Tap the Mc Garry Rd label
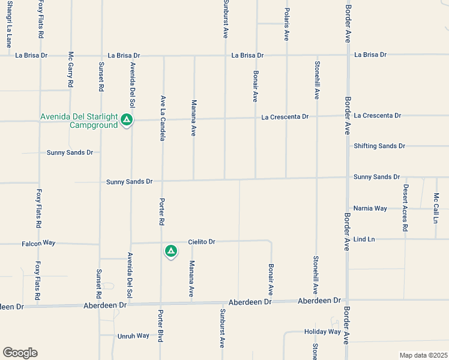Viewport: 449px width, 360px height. (x=70, y=70)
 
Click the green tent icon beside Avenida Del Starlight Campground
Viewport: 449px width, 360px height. (x=127, y=120)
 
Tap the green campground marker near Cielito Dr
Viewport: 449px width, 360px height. (x=171, y=251)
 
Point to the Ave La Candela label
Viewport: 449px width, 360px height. (x=162, y=118)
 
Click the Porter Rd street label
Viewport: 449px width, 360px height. (x=161, y=211)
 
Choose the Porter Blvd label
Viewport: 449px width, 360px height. (x=161, y=325)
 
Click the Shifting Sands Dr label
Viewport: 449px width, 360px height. (x=379, y=146)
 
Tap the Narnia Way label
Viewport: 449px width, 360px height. (x=370, y=208)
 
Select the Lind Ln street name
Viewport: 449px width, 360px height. (x=364, y=239)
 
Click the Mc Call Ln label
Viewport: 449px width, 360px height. (x=436, y=208)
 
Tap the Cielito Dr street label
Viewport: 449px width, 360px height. (x=201, y=242)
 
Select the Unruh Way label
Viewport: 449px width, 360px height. (x=133, y=336)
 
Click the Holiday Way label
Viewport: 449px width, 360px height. (x=322, y=332)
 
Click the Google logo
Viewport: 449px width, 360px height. (x=20, y=353)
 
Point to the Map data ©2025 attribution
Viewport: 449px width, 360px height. (x=423, y=355)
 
